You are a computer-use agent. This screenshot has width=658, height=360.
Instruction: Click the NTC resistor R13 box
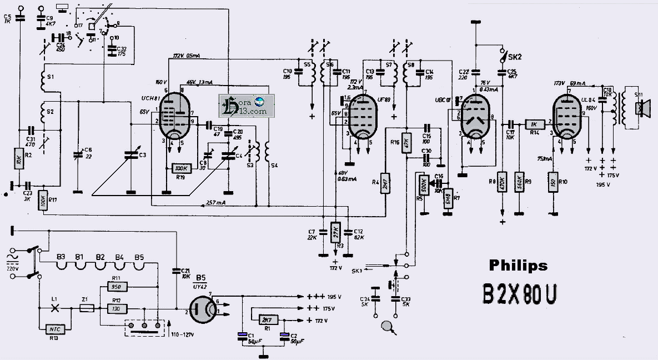point(54,329)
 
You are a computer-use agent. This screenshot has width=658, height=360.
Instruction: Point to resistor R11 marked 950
point(117,287)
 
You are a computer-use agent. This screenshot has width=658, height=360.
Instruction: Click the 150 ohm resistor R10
point(553,183)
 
